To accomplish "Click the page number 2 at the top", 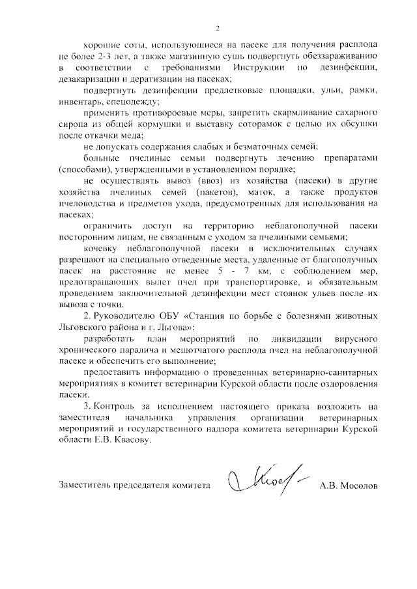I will point(218,28).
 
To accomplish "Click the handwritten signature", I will point(261,482).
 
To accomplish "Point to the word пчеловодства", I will point(87,204).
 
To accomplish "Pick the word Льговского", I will point(85,328).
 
